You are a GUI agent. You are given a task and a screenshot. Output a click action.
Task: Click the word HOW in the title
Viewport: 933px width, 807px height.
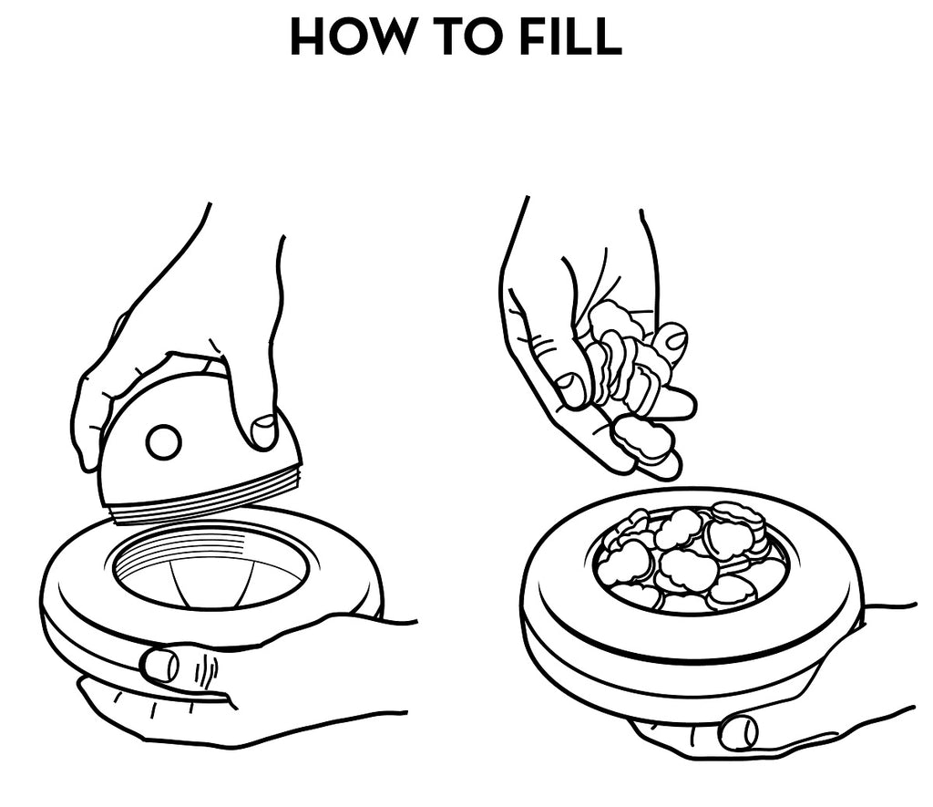click(351, 36)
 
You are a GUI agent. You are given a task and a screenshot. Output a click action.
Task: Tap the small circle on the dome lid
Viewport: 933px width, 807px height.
click(164, 442)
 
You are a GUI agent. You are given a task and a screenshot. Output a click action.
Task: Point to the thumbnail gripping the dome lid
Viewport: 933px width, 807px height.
click(263, 430)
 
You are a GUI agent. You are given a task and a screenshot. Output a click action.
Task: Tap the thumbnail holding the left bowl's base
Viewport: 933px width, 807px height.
click(159, 665)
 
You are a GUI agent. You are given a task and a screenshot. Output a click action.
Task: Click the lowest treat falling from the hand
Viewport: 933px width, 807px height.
click(642, 440)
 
